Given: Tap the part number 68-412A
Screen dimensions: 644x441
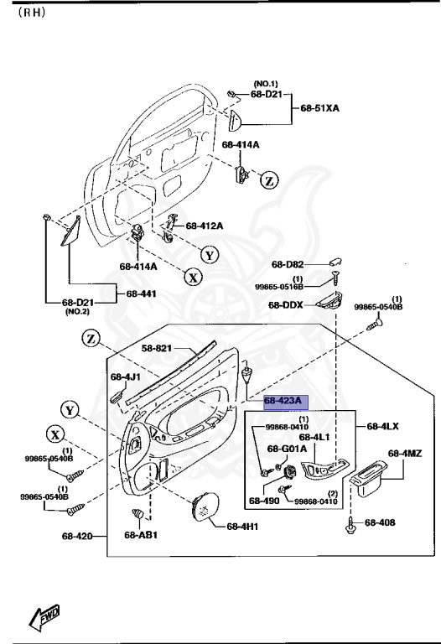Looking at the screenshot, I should click(x=205, y=226).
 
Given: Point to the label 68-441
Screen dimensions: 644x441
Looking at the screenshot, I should click(x=141, y=294).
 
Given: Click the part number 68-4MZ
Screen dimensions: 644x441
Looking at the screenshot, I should click(x=406, y=454).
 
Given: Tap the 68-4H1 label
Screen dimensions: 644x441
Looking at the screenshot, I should click(x=243, y=527).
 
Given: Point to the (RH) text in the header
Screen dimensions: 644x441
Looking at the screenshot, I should click(x=32, y=13).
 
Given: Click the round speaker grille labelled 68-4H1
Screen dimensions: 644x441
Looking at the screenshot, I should click(x=204, y=506).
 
